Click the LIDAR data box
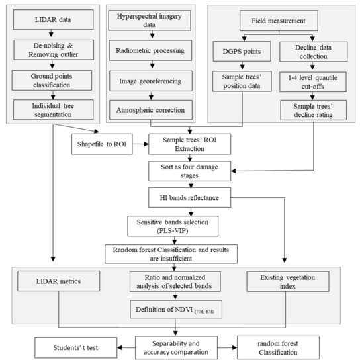(54, 19)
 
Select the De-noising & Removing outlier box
(54, 50)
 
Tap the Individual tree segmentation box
(54, 110)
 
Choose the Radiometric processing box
(150, 50)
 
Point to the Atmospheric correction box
(151, 110)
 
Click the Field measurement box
(279, 21)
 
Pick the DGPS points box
(242, 52)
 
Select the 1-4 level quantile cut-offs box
(313, 82)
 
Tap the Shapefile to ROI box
(102, 144)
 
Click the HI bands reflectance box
(190, 198)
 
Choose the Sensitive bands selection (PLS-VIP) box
(173, 226)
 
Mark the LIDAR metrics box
(58, 281)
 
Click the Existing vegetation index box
(288, 281)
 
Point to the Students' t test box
(76, 347)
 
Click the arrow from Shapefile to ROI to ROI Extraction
(140, 144)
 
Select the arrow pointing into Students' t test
(126, 347)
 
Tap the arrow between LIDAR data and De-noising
(52, 33)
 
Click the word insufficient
(171, 259)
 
